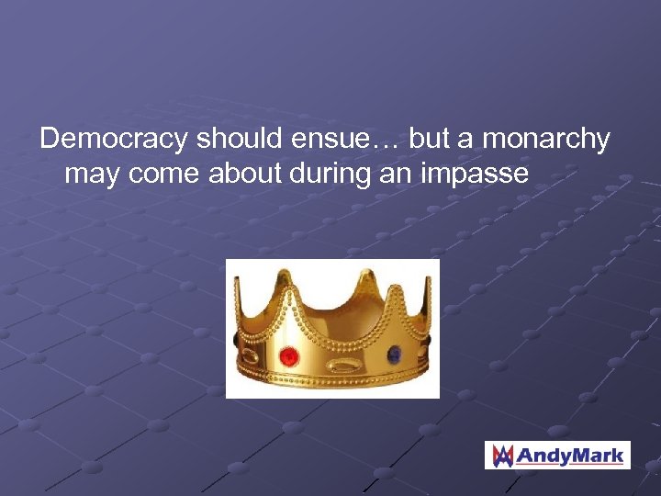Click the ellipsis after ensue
point(387,144)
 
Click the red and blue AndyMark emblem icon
point(503,455)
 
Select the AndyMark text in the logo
point(570,455)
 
